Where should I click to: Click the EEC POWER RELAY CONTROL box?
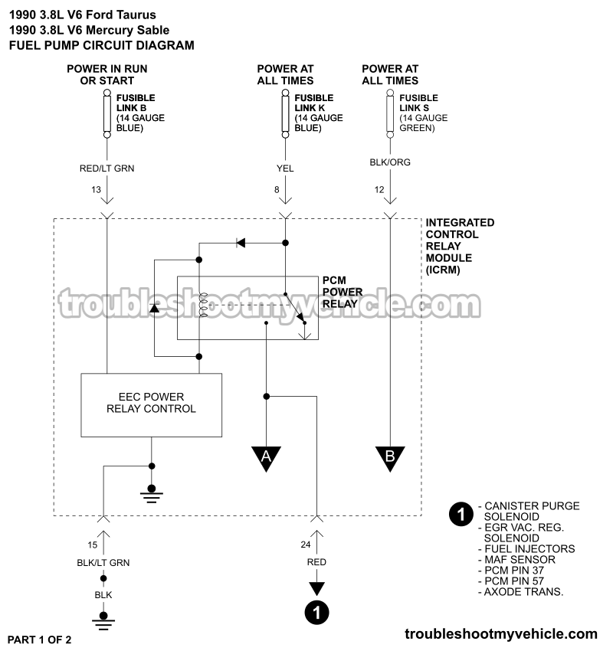(152, 404)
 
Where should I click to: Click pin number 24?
(306, 545)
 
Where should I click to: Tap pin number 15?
(92, 545)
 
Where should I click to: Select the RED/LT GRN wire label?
(107, 168)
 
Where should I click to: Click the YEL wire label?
(285, 168)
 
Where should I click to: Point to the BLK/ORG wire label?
(390, 163)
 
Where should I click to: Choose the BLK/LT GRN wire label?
(103, 562)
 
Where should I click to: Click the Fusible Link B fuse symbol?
(107, 113)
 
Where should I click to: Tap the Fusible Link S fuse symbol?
(390, 113)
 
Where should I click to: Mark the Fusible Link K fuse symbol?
(285, 113)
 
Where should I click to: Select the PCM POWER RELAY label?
(342, 292)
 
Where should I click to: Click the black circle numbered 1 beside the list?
(460, 515)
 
